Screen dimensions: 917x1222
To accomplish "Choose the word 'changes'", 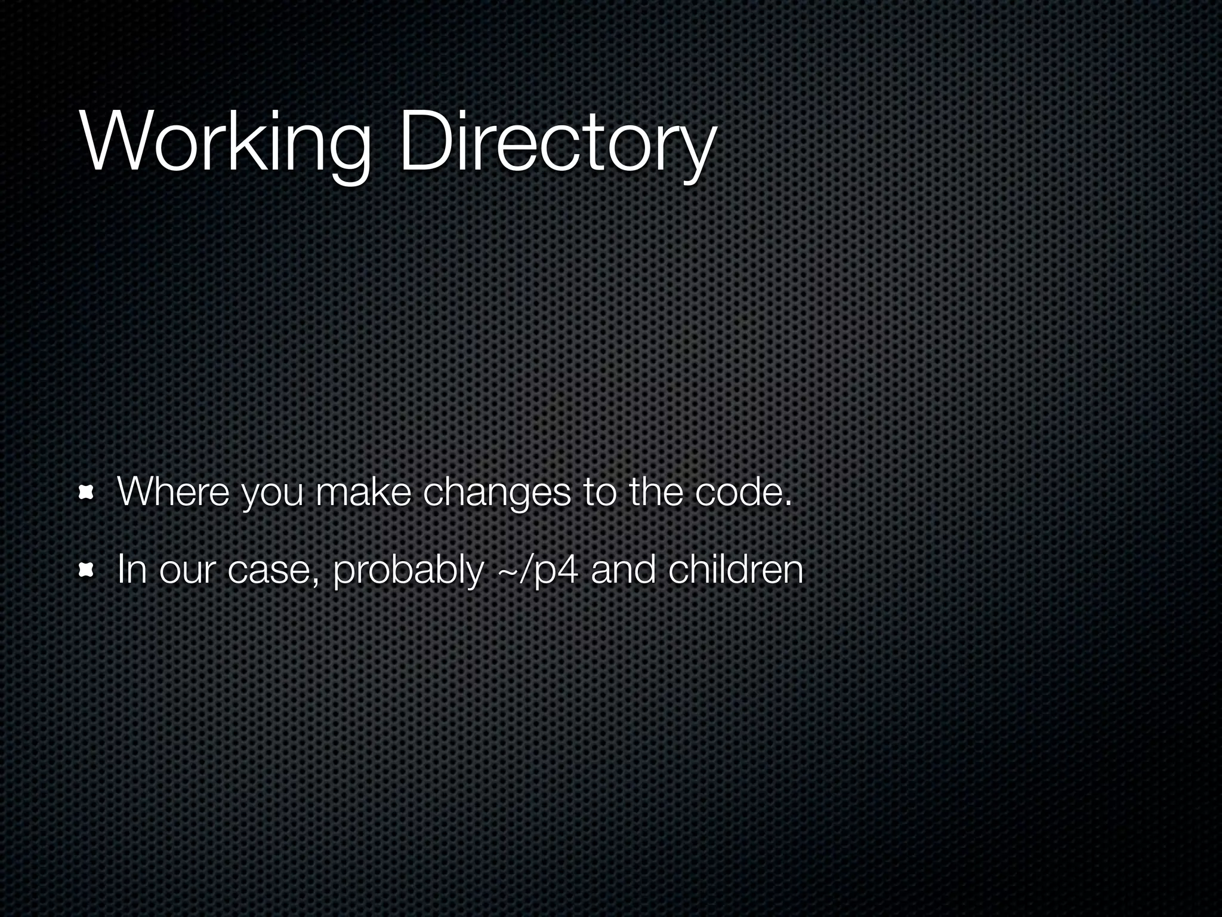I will [496, 494].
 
